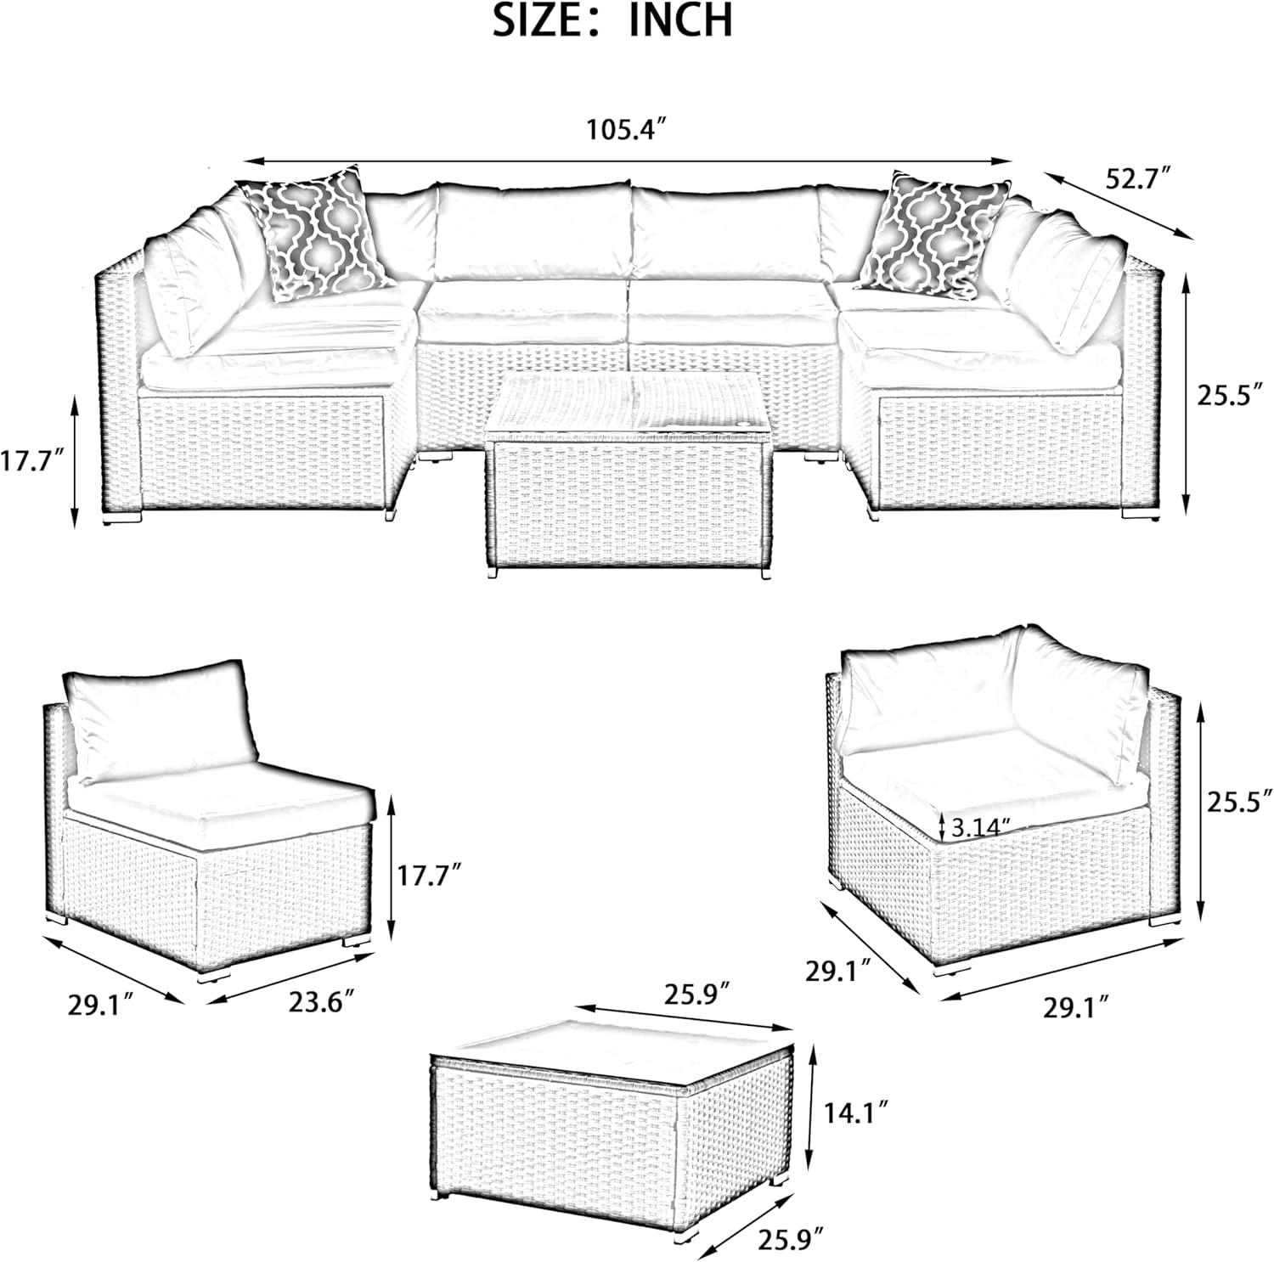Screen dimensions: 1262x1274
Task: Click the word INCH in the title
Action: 680,20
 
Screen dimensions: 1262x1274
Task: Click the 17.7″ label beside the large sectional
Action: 32,464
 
